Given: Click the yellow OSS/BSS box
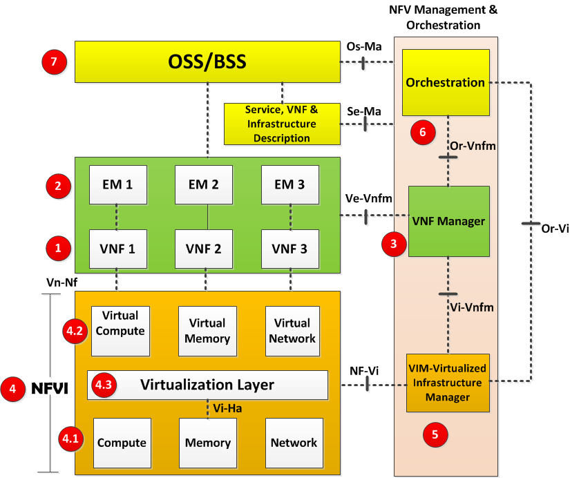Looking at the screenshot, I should pos(207,63).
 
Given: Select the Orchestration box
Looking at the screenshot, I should pos(446,82).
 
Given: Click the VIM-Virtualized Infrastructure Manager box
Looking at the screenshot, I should pos(448,381).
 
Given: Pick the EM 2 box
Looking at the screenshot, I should pos(205,184).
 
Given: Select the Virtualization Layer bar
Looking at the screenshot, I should pos(207,385).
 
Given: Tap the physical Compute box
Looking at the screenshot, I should pos(121,443).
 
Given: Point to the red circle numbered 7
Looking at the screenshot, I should pos(54,63).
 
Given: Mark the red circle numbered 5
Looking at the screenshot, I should pos(435,434).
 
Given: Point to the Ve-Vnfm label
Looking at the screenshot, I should pos(369,199).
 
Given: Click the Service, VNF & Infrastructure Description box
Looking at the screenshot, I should pos(281,124).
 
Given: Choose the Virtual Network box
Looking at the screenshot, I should pos(292,331).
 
